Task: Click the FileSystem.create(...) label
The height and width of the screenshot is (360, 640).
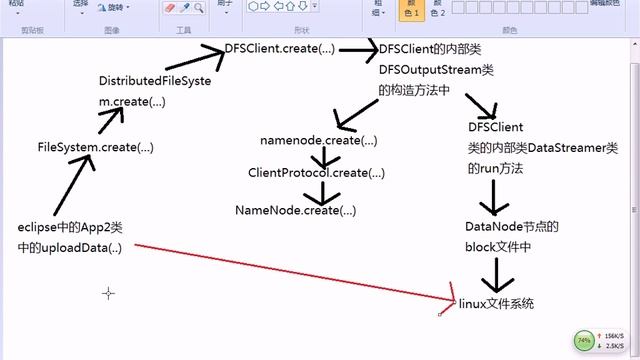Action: (95, 147)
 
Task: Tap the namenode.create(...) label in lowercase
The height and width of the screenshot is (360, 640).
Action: (319, 140)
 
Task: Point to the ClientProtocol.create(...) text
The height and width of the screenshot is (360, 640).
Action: (316, 173)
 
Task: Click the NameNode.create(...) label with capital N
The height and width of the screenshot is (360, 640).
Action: (295, 210)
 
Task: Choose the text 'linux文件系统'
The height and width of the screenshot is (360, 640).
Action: (496, 302)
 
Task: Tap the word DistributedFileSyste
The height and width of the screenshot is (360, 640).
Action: (155, 81)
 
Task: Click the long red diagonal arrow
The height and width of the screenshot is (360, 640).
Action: (290, 271)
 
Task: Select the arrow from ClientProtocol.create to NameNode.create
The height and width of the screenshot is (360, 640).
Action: (322, 191)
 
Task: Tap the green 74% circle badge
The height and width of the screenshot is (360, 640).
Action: (584, 340)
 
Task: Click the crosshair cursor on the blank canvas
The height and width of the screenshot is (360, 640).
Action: (109, 293)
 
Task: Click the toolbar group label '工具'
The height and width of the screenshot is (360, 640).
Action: (183, 30)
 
